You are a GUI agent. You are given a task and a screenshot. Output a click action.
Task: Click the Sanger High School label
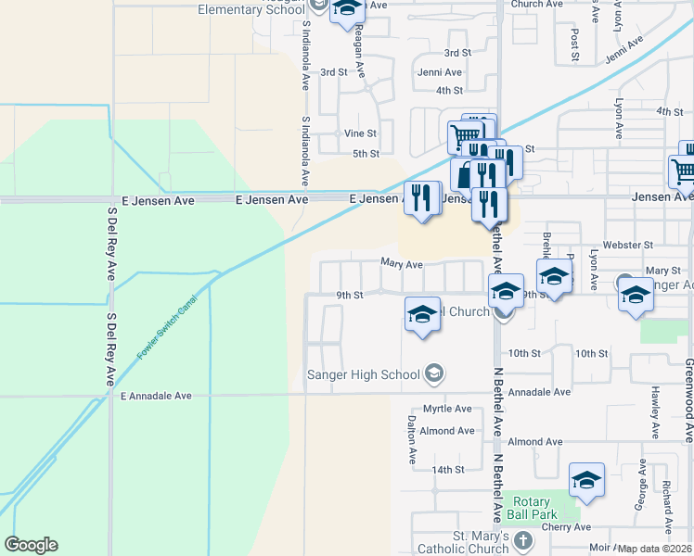pos(365,374)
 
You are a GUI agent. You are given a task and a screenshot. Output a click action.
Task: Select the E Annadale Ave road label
pos(156,396)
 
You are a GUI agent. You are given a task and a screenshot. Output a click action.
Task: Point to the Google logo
pos(31,545)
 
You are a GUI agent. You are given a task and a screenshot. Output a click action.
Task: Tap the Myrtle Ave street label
pos(448,409)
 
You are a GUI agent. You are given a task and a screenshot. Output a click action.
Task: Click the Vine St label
pos(360,133)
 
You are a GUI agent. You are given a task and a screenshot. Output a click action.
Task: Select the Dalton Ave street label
pos(411,439)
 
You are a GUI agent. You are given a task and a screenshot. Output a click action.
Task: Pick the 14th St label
pos(447,470)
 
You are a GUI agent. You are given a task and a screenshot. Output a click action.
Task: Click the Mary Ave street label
pos(402,264)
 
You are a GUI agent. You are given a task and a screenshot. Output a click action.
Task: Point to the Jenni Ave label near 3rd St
pos(440,72)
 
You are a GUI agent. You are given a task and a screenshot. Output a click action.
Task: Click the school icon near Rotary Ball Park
pos(586,481)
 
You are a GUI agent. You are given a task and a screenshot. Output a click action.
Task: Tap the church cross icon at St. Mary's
pos(522,539)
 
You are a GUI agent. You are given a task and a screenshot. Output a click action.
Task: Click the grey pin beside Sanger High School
pos(433,374)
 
